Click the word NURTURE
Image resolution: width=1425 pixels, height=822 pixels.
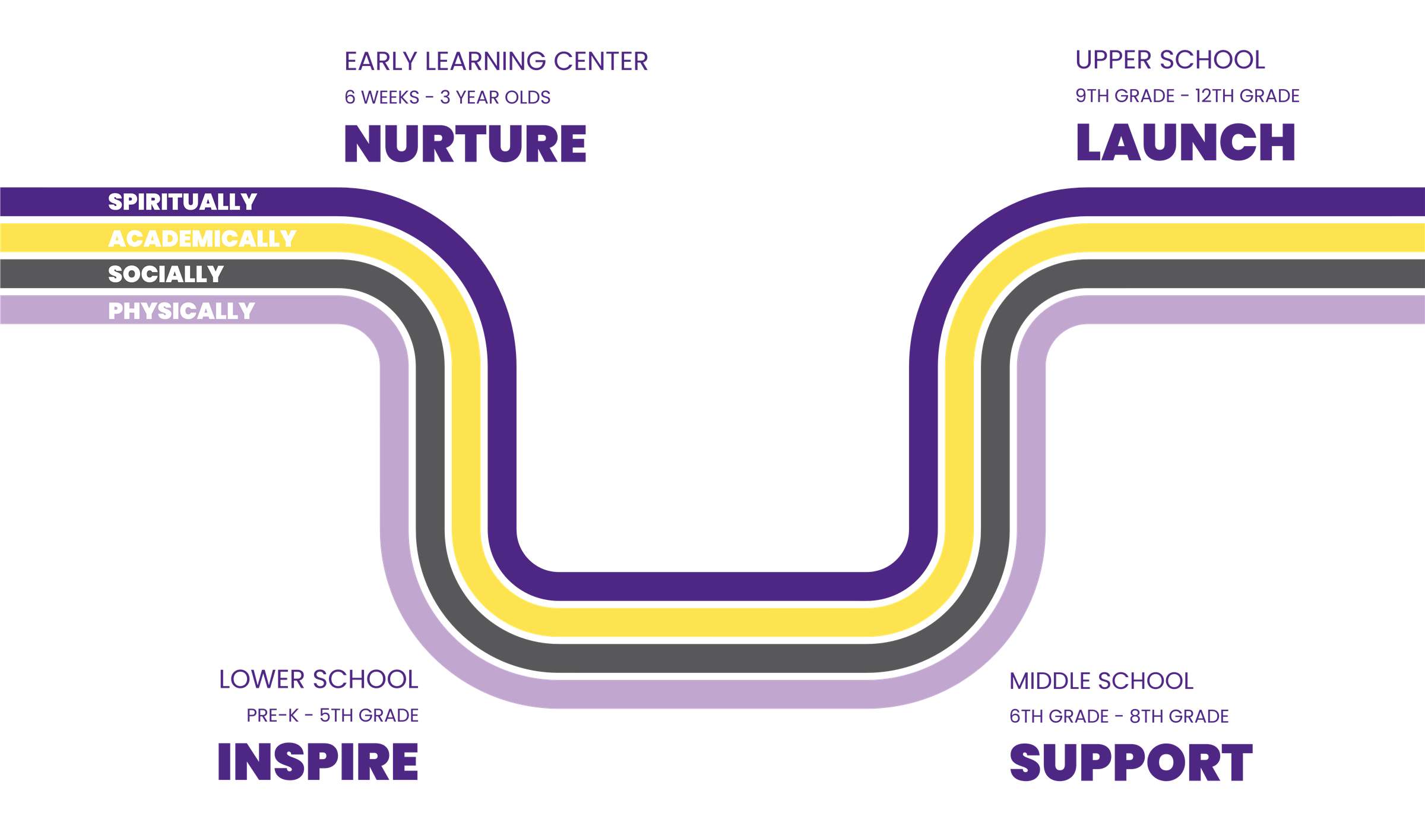465,144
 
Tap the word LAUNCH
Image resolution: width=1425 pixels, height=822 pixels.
1185,143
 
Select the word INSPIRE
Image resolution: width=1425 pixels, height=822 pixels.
318,762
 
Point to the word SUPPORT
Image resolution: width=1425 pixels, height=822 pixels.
1131,763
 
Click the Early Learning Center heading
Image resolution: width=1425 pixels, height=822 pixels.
496,61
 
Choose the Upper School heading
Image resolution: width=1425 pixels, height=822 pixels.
1170,60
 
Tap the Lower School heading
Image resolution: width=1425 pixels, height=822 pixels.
319,679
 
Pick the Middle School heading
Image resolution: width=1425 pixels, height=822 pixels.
1101,681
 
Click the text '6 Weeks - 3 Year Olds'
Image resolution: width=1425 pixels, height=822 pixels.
448,97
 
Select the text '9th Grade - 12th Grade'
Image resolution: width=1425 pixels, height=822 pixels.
1187,96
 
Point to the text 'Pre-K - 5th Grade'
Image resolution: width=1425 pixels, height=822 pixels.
333,716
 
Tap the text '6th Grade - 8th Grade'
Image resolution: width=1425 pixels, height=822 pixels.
1119,716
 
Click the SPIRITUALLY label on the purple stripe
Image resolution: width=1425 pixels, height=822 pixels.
182,202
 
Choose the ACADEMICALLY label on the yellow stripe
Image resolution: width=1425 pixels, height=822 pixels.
202,239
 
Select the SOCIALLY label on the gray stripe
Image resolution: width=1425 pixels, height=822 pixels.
166,274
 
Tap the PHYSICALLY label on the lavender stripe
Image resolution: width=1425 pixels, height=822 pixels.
181,311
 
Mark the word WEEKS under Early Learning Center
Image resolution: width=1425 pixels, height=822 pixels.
390,97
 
